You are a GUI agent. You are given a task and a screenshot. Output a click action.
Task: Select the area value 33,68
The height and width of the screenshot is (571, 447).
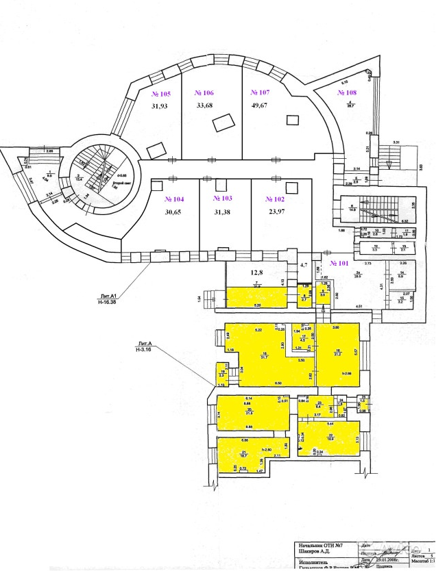(x=205, y=105)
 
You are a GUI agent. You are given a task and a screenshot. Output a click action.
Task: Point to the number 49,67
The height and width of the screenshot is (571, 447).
(x=261, y=105)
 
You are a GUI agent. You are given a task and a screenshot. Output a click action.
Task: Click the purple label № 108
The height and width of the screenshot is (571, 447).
(x=347, y=92)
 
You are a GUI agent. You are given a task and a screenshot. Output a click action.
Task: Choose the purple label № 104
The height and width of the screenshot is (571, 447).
(x=175, y=199)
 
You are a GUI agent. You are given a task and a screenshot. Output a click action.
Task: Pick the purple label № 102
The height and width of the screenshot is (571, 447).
(x=275, y=199)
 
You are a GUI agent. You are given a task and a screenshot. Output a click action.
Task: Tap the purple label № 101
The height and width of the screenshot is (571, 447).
(x=340, y=262)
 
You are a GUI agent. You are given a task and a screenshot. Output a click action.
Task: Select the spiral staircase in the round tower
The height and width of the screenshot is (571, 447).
(x=96, y=170)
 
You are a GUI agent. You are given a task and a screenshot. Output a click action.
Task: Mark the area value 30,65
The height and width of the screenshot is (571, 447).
(x=175, y=212)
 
